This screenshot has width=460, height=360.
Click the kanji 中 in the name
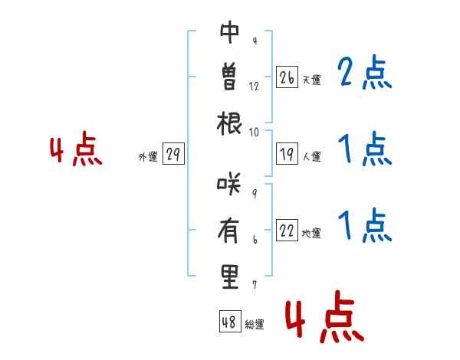(x=230, y=32)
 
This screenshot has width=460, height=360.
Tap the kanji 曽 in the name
(x=229, y=77)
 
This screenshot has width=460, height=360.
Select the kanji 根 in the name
(x=229, y=123)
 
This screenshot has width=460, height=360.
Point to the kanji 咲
(x=228, y=185)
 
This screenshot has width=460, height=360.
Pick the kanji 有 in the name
(x=228, y=231)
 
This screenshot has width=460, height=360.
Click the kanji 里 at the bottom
(x=229, y=277)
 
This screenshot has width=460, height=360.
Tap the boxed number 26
(x=287, y=77)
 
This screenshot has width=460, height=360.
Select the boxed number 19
(x=287, y=154)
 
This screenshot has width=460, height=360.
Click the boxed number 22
(x=287, y=230)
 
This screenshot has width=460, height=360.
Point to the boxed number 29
(x=173, y=154)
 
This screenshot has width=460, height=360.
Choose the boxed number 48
(x=230, y=321)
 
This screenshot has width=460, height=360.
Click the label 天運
(x=311, y=80)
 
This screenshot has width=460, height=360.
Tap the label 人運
(x=311, y=156)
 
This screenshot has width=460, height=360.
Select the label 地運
(x=311, y=233)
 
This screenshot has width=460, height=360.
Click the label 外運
(x=148, y=156)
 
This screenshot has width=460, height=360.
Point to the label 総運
(x=255, y=325)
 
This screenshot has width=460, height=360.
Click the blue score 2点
(x=365, y=72)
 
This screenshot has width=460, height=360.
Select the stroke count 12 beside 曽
(x=254, y=87)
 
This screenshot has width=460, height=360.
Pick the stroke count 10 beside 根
(x=254, y=133)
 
